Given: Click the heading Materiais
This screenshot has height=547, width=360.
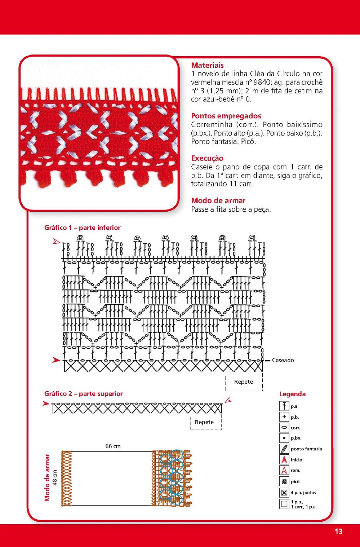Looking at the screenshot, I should point(207,65).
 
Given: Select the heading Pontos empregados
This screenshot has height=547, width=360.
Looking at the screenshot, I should point(226,116).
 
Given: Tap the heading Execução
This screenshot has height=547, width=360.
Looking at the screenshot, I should point(207,158).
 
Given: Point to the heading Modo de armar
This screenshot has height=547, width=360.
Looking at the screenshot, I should point(218,200).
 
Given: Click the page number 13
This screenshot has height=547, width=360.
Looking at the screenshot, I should point(338,531).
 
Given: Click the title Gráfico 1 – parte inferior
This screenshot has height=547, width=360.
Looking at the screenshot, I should point(82,228).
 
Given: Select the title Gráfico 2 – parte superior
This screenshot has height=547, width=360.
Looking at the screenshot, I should point(83,394).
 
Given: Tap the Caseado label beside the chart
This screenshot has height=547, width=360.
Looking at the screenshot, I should point(283,360).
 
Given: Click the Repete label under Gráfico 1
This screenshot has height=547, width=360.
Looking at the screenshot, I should point(244,382).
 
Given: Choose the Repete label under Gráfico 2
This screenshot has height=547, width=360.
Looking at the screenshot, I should point(204,422).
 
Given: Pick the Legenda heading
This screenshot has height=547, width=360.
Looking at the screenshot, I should point(292,394).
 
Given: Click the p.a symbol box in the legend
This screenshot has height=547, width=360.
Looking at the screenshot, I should point(284,406).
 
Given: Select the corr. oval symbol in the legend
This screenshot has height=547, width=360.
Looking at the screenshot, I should point(284,428).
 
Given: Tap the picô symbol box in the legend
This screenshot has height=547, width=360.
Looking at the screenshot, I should point(284,481).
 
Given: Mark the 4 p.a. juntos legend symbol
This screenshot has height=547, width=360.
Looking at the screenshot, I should point(284,493).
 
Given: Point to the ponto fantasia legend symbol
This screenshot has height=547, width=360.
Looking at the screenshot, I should point(284,449).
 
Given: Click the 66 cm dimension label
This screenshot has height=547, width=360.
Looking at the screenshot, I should point(113,446).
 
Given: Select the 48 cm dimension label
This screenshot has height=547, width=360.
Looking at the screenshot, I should point(55,478).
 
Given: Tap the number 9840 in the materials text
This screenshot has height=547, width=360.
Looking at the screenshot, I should point(262,82).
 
